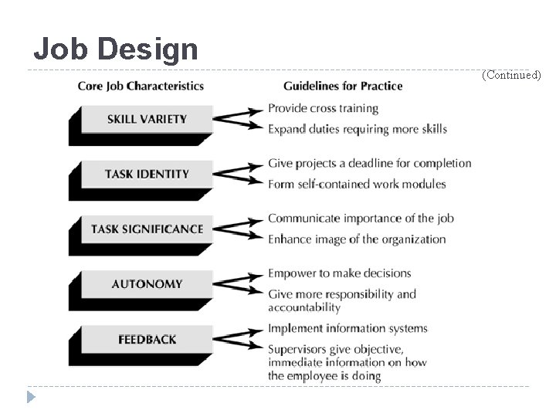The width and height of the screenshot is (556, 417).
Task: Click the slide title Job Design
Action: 116,49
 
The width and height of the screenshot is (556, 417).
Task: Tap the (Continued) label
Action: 511,76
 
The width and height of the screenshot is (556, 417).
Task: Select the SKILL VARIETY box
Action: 147,119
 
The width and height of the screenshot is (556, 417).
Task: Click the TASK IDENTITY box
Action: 147,174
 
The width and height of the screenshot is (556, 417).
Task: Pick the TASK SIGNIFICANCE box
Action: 147,229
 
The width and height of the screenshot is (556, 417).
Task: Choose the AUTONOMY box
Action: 147,284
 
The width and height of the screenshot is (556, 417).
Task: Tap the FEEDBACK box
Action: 147,339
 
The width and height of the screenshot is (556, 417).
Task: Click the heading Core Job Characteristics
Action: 141,86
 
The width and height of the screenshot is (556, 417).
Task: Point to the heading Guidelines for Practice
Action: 343,86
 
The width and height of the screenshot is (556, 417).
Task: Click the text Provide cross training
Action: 323,108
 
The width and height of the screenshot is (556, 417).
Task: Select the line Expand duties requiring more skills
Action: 357,129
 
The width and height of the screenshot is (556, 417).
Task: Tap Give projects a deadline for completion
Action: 369,163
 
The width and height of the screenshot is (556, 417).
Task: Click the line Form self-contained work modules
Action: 357,184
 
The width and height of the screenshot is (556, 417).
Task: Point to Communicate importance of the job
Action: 361,218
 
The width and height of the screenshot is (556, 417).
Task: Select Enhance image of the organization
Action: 357,239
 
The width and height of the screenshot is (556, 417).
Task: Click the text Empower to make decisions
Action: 339,273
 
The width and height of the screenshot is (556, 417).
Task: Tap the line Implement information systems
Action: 347,328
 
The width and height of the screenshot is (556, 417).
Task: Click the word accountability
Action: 304,307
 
